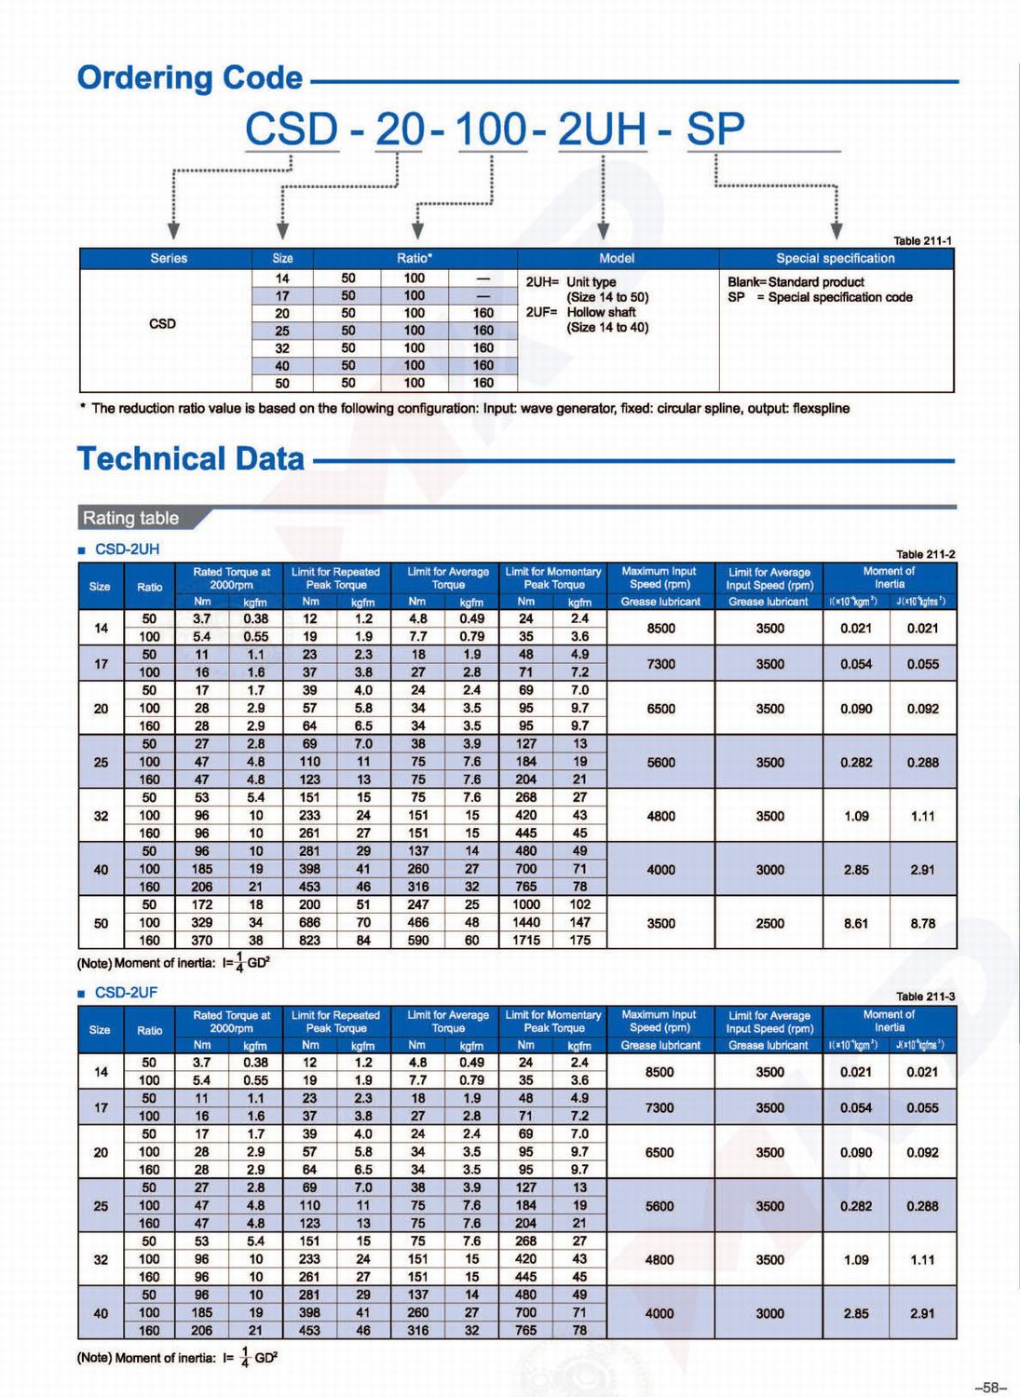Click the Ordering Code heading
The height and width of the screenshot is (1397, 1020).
click(190, 78)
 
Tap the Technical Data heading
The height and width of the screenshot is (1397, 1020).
click(191, 458)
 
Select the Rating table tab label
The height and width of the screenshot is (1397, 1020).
click(131, 518)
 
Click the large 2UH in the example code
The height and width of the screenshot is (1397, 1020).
click(602, 129)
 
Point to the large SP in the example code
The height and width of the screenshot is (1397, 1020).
click(714, 129)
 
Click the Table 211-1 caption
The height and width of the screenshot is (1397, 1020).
click(922, 240)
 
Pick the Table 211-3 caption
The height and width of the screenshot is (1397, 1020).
click(925, 997)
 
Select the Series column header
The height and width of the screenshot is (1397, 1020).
click(168, 258)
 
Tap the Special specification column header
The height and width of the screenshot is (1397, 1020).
click(835, 258)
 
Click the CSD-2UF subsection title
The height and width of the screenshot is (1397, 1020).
click(126, 993)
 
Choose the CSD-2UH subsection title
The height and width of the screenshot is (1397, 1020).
click(127, 549)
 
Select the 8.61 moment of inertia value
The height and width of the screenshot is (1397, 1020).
click(856, 923)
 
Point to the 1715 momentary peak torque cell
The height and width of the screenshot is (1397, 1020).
click(526, 941)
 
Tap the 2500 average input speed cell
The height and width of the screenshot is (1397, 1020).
click(769, 923)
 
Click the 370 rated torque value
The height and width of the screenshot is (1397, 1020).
click(202, 941)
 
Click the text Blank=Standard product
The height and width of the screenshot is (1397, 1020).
click(796, 281)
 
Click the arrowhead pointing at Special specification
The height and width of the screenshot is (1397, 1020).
click(836, 230)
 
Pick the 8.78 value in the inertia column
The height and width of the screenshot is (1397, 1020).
click(922, 923)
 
